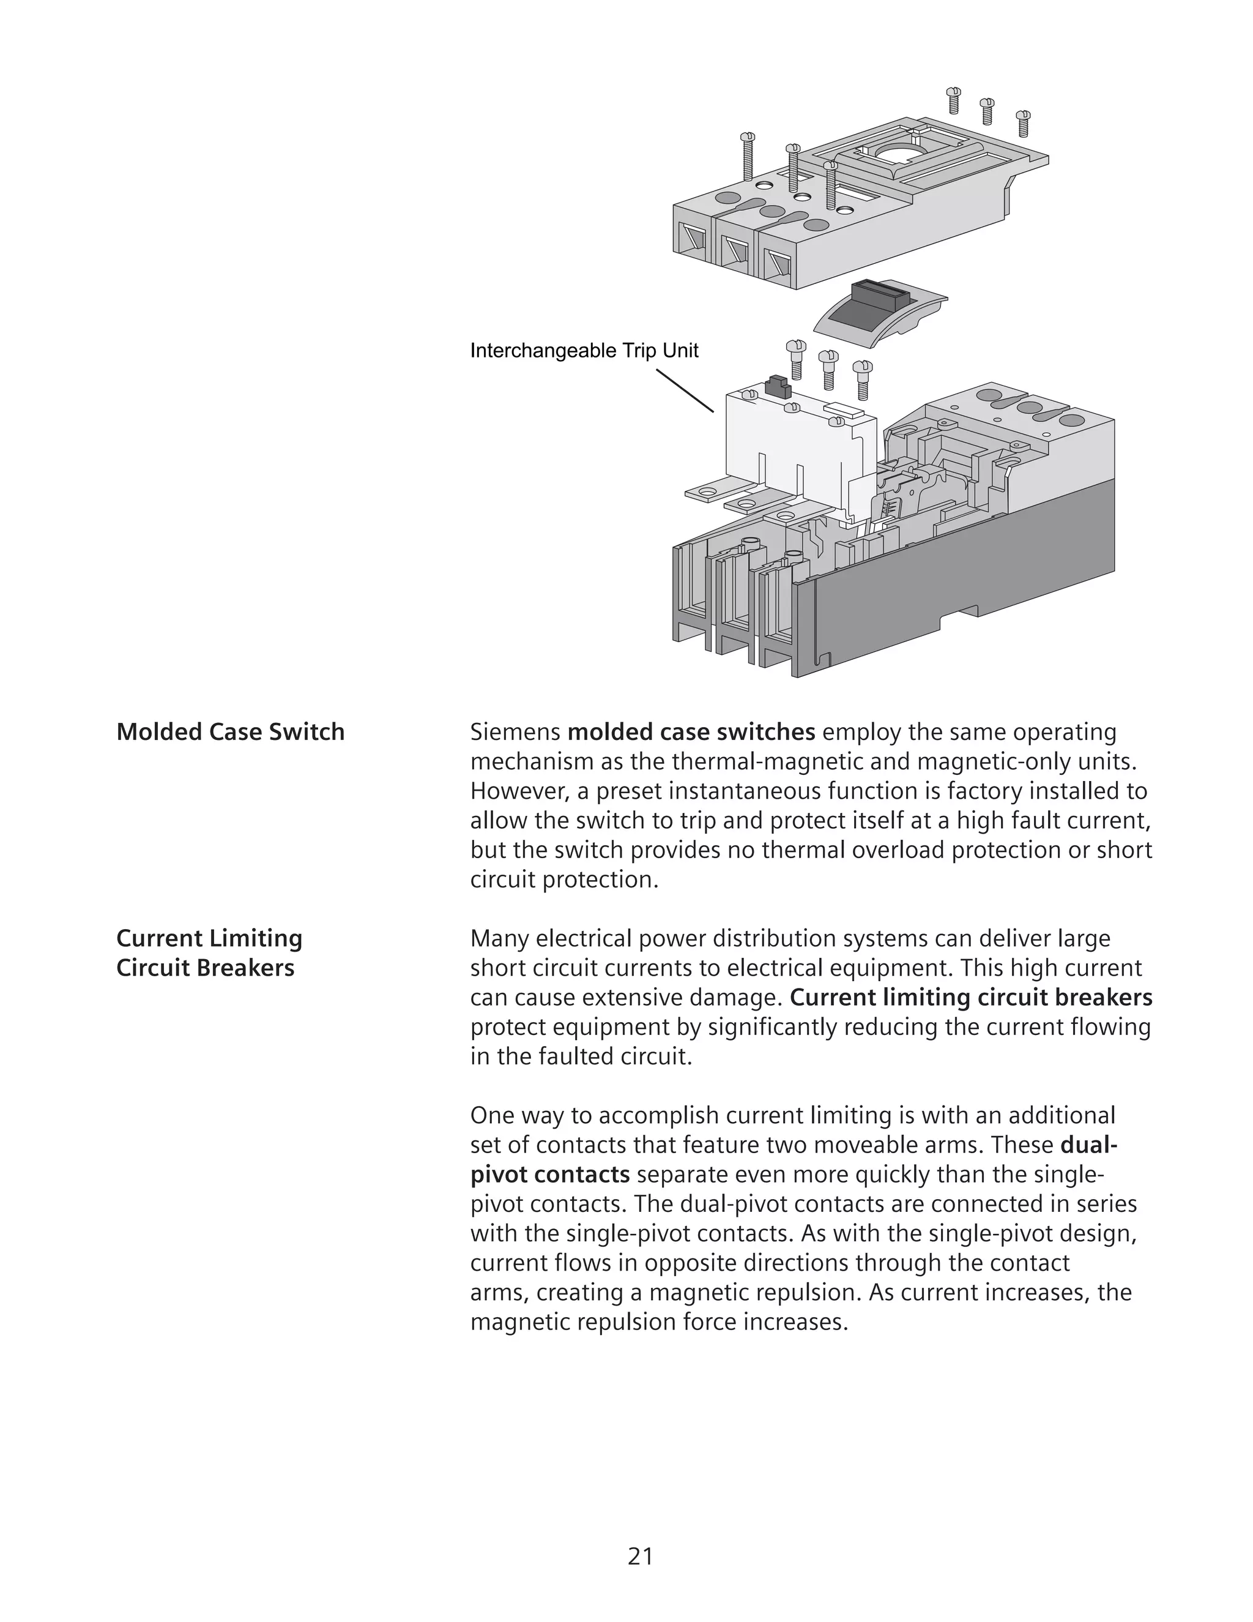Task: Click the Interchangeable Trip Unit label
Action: tap(584, 351)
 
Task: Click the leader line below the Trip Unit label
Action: tap(685, 391)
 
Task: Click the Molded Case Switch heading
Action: tap(230, 731)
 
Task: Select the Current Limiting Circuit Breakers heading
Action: tap(209, 953)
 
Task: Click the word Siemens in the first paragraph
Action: tap(515, 732)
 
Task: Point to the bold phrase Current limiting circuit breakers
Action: tap(971, 998)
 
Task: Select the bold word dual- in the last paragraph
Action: tap(1089, 1145)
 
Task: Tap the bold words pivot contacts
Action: tap(549, 1174)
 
